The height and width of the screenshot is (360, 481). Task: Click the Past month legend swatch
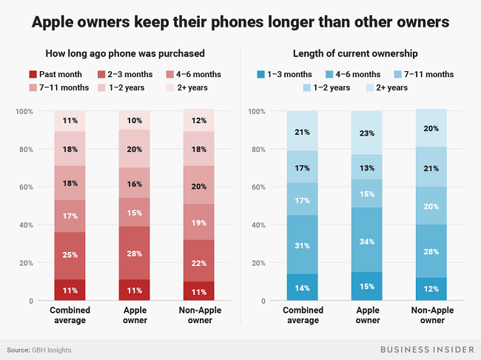33,74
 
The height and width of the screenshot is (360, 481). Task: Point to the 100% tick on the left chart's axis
24,111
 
